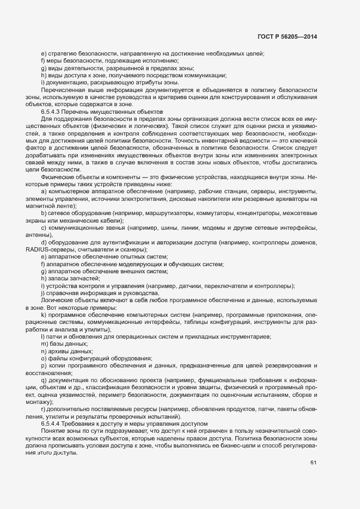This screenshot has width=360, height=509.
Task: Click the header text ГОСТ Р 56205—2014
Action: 286,37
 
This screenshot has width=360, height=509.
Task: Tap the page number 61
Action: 313,463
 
